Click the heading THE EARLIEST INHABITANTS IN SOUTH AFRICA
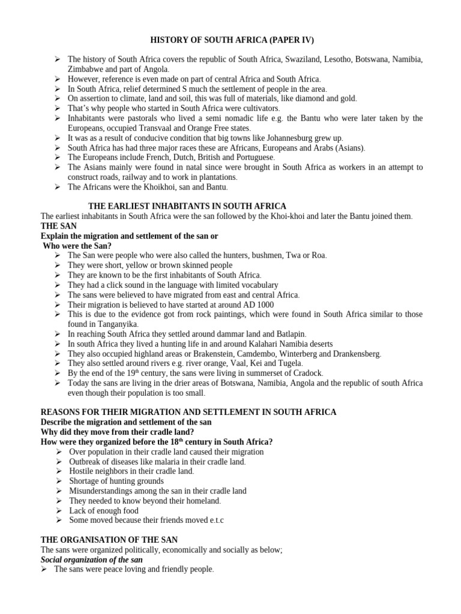(187, 206)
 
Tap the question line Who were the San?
(77, 246)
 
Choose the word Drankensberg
(354, 354)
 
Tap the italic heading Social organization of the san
(91, 559)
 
